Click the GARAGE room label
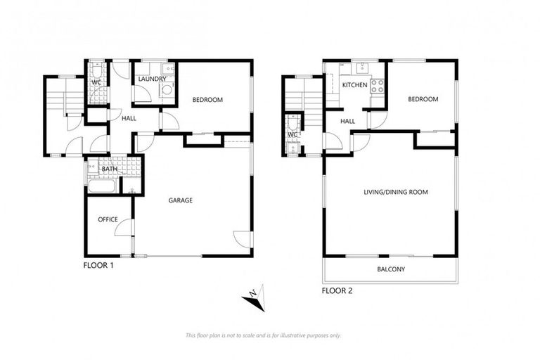click(x=180, y=200)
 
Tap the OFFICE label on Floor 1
click(x=108, y=219)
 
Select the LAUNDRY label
click(x=152, y=79)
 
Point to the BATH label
click(x=109, y=169)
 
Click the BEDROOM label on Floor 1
click(x=207, y=100)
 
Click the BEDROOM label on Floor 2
click(x=423, y=99)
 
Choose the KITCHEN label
click(x=355, y=85)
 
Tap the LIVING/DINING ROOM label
click(x=395, y=192)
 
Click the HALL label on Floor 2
click(x=348, y=121)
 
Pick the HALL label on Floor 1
click(x=129, y=118)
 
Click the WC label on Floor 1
click(x=97, y=82)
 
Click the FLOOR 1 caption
click(x=98, y=266)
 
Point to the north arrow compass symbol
click(x=254, y=299)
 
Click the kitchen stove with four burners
click(x=377, y=86)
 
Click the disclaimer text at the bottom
click(x=263, y=335)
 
